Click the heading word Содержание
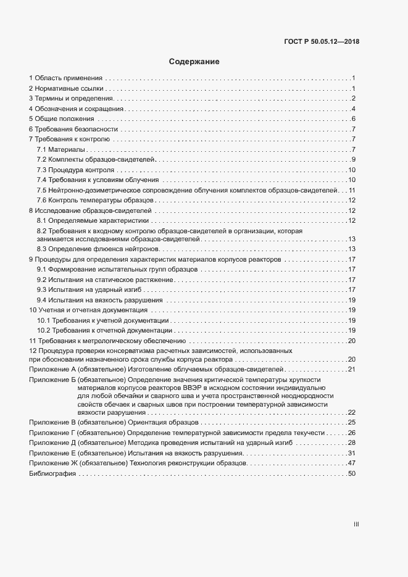point(194,62)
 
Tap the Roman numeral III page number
point(356,525)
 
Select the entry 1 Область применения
point(65,78)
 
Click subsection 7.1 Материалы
point(61,149)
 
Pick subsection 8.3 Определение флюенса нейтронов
point(94,248)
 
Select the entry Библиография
point(52,473)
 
